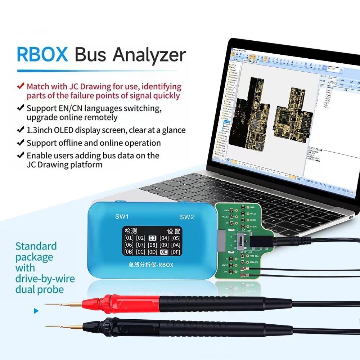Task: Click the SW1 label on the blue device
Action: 121,217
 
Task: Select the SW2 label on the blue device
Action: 187,217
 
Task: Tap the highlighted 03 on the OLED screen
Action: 152,238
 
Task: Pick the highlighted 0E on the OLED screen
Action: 164,252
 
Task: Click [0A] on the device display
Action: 175,245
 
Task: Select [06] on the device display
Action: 129,245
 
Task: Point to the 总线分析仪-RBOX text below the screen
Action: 151,265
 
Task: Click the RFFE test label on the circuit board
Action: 247,252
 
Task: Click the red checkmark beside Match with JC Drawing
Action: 21,86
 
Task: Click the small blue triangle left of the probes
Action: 36,311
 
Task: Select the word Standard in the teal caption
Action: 36,246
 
